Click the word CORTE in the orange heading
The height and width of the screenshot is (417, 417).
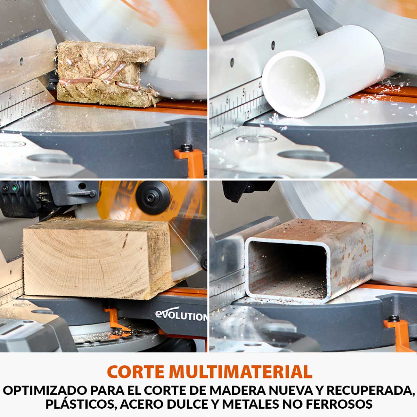click(x=136, y=371)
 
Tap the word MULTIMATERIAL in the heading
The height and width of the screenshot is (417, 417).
click(x=240, y=371)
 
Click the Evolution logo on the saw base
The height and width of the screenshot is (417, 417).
click(x=181, y=316)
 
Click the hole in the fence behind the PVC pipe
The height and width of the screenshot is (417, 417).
click(x=273, y=44)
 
